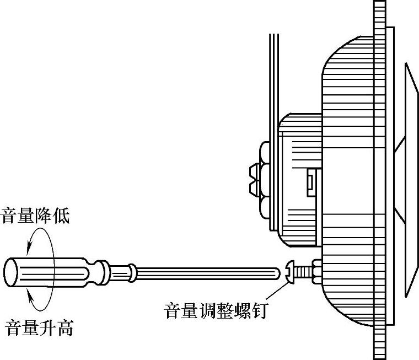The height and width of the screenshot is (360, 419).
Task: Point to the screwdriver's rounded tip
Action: (278, 272)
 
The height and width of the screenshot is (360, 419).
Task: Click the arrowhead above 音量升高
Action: (31, 301)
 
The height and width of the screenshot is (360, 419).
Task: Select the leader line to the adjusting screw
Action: (276, 292)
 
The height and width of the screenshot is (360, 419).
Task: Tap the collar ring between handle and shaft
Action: (132, 271)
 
